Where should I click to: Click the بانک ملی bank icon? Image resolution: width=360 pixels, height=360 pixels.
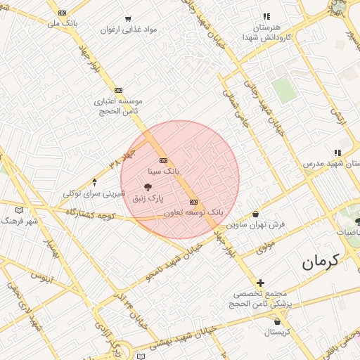[x=63, y=13]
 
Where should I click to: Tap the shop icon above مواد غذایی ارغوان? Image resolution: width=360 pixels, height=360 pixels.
[x=128, y=19]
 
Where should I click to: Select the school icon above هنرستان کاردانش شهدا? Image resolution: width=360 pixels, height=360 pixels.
[x=266, y=16]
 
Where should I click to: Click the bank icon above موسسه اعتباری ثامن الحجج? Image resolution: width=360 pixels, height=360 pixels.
[x=118, y=90]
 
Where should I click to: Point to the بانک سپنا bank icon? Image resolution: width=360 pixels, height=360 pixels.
[x=163, y=161]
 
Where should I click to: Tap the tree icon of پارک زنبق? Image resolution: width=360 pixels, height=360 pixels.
[x=148, y=187]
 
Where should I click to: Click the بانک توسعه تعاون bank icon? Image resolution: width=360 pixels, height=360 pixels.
[x=194, y=202]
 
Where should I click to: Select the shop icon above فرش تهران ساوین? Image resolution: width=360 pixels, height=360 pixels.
[x=255, y=214]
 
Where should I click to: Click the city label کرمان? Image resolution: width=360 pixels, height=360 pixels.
[x=321, y=262]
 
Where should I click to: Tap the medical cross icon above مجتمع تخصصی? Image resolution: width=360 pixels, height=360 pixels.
[x=260, y=282]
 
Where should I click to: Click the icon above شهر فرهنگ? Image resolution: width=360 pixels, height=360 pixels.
[x=19, y=210]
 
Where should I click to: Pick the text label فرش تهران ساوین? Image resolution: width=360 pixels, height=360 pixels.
[x=255, y=224]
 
